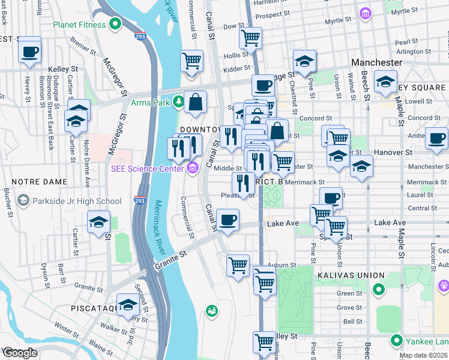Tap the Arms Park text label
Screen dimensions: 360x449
[x=150, y=103]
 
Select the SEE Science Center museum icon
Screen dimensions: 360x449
[x=192, y=169]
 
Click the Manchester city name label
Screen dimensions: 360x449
[x=377, y=62]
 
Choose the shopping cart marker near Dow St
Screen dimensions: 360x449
[x=250, y=38]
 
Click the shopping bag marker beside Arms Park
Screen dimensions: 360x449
[x=196, y=103]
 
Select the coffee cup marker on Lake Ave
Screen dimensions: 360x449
[x=228, y=220]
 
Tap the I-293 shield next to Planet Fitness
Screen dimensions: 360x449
[x=140, y=36]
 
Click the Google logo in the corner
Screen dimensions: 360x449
[x=20, y=353]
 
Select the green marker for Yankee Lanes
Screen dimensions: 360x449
[x=396, y=341]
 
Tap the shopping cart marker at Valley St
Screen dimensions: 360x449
[x=264, y=342]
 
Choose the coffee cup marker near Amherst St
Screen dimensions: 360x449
[x=436, y=139]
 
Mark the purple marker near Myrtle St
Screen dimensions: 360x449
[x=364, y=13]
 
